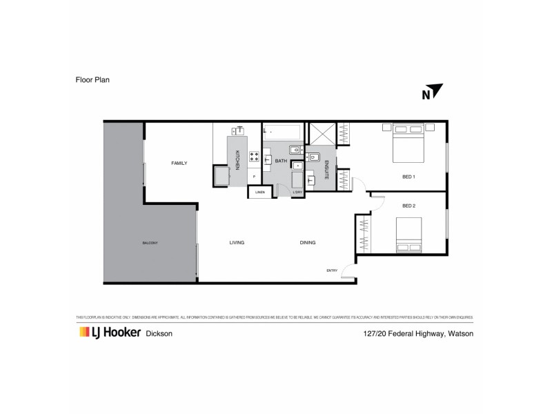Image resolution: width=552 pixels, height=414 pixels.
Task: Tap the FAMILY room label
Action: pos(179,164)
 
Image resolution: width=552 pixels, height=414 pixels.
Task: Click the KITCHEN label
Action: pos(237,160)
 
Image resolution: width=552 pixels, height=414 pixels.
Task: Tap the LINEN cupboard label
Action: pos(259,192)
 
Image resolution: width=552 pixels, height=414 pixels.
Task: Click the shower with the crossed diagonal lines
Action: pos(322,134)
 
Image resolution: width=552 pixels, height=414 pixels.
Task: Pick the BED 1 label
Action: pos(408,177)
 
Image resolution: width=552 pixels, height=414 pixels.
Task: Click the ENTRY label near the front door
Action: pos(332,270)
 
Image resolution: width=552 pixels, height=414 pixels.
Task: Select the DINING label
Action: pos(308,243)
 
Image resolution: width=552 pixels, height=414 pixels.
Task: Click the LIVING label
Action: pos(237,243)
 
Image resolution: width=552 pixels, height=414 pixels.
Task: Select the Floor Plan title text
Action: pos(93,79)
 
